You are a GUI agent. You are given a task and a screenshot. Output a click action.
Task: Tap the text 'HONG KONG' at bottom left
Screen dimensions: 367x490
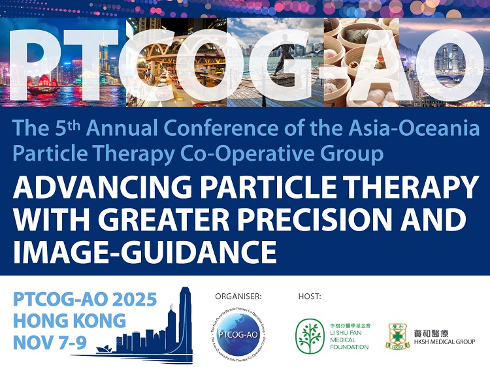tap(69, 321)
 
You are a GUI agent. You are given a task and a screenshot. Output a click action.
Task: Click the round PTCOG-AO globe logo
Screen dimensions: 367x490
tap(238, 332)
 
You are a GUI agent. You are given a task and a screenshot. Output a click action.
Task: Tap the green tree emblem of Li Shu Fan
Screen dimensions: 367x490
tap(310, 337)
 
